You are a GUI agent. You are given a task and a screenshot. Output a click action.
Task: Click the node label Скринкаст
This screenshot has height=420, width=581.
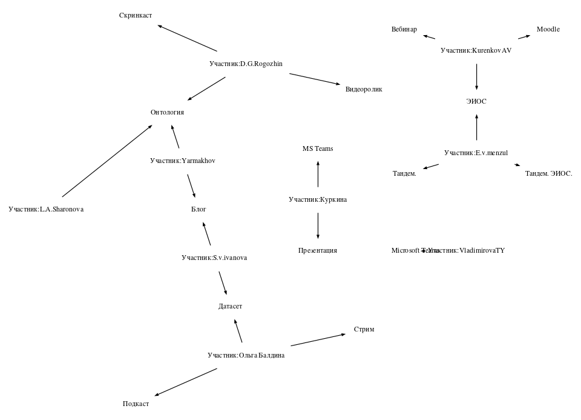point(136,15)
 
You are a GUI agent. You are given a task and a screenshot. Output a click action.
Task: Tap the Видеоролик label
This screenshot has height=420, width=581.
point(364,89)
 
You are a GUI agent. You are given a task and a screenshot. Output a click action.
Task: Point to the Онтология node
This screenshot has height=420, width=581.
point(167,112)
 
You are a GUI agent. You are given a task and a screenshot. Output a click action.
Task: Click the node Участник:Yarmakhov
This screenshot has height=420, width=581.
point(183,161)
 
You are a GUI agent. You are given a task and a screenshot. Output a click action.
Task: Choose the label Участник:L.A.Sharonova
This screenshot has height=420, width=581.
point(46,209)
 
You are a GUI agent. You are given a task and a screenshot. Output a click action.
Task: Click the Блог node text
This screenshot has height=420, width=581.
point(199,209)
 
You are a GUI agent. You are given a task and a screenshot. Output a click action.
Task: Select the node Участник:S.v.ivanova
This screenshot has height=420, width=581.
point(214,258)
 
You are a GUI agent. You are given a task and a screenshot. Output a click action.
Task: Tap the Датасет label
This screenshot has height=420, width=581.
point(230,307)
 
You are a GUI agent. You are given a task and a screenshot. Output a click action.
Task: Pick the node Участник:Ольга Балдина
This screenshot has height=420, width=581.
point(246,355)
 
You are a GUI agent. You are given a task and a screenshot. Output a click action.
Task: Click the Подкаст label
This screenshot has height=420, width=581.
point(136,404)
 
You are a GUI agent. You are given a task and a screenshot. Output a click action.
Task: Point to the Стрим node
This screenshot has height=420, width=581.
point(364,330)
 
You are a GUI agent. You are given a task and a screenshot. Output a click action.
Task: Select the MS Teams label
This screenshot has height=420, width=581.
point(318,148)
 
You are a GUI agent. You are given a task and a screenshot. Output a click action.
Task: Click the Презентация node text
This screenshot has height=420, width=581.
point(318,250)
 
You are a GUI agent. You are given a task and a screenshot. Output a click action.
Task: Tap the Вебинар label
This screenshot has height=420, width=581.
point(404,29)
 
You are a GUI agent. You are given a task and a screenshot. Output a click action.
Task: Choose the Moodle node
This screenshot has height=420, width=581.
point(548,29)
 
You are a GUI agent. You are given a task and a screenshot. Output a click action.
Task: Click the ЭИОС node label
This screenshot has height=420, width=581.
point(476,101)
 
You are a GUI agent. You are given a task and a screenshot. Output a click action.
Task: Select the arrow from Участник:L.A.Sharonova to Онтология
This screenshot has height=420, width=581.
point(107,161)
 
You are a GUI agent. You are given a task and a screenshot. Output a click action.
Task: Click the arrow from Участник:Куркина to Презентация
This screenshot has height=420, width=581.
point(318,225)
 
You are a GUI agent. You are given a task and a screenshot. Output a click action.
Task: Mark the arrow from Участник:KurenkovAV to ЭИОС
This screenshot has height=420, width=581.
point(476,76)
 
